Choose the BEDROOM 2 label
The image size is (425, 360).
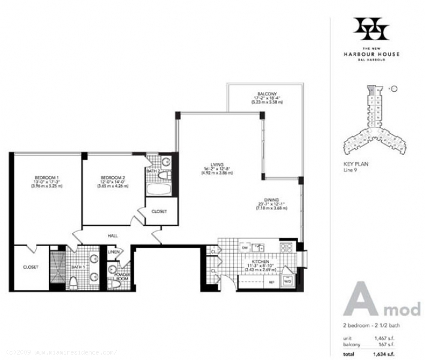(x=113, y=178)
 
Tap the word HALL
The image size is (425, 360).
(x=112, y=236)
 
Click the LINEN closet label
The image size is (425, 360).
(x=113, y=252)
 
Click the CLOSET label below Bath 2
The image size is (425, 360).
(x=159, y=211)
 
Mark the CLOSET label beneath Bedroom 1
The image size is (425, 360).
(x=31, y=266)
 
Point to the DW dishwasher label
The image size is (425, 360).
(x=245, y=247)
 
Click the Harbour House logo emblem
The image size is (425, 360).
(x=371, y=29)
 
